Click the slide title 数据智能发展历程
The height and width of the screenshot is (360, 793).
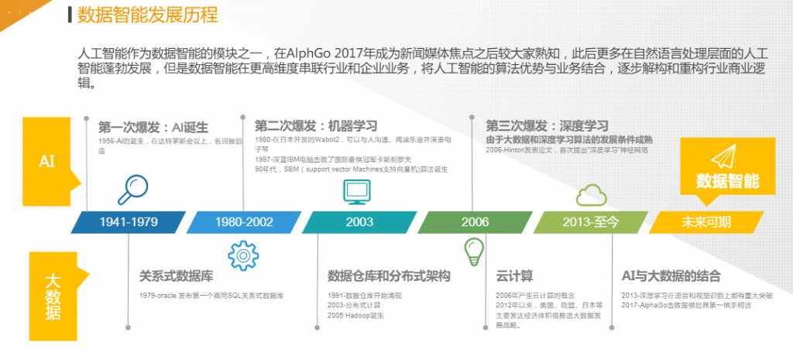coord(148,15)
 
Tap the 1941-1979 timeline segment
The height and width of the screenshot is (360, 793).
coord(128,222)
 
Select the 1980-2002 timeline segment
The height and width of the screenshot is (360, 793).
coord(244,222)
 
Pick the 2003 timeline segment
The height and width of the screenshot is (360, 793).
coord(359,222)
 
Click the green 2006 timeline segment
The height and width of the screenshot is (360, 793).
coord(475,222)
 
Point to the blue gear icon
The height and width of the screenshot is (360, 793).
coord(242,254)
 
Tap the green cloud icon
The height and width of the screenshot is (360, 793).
coord(590,194)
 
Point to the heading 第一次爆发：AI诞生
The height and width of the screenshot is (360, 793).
coord(153,127)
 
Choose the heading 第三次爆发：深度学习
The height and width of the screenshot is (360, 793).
coord(547,125)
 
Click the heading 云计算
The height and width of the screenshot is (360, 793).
coord(514,276)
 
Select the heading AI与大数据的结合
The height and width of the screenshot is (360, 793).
coord(671,276)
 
